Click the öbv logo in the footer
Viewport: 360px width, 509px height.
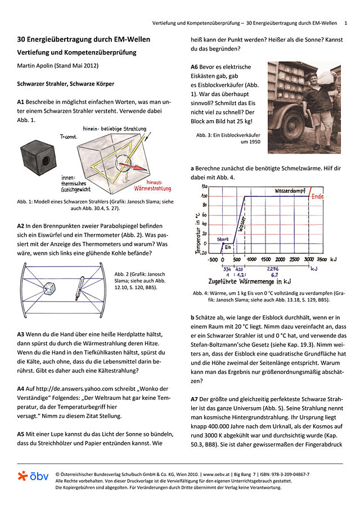click(33, 476)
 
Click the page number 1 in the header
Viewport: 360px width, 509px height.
click(346, 23)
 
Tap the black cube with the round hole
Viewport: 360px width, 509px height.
click(38, 157)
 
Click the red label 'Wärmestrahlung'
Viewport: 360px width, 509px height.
click(152, 188)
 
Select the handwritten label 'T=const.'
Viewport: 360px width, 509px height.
click(69, 137)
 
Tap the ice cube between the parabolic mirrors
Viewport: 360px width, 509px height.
click(49, 288)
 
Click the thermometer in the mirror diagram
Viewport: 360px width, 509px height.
click(79, 289)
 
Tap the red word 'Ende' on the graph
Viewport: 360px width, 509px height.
click(317, 196)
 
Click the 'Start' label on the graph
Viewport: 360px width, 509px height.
click(223, 239)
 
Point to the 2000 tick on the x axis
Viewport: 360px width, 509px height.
click(280, 259)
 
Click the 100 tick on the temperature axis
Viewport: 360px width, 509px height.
click(204, 196)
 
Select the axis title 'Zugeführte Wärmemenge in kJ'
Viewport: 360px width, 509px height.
click(250, 281)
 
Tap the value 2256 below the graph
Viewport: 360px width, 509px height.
click(273, 269)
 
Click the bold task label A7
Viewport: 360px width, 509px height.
click(194, 399)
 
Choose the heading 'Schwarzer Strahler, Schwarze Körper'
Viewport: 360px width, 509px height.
click(66, 84)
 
